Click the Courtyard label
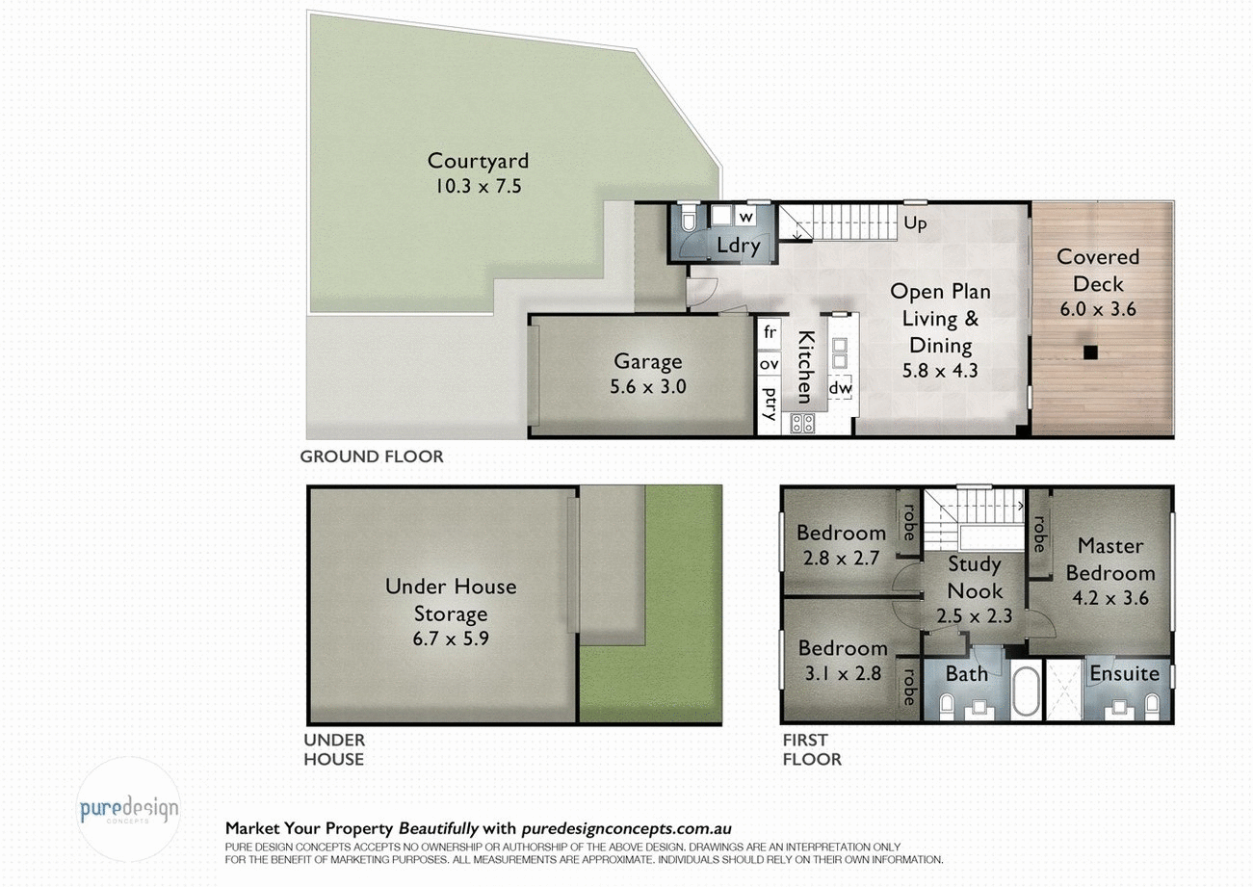pos(478,161)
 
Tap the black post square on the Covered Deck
pos(1089,352)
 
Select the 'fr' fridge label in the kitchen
pos(769,332)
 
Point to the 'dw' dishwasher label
pos(839,386)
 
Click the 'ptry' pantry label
pos(770,404)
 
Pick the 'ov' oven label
pos(769,364)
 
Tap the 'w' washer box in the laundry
pos(744,217)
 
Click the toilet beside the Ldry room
pos(687,222)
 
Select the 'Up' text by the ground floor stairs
pos(915,223)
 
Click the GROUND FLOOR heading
pos(372,457)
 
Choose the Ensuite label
pos(1124,673)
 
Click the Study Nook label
pos(974,578)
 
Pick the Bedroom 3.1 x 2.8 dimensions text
pos(841,673)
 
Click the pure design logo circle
pos(128,809)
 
